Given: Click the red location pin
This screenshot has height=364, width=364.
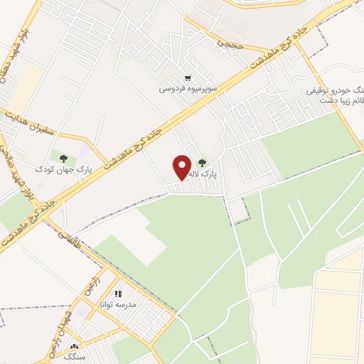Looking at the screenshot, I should point(183,167).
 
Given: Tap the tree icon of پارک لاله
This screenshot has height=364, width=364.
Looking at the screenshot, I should point(203,163).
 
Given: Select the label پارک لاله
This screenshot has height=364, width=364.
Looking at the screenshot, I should point(208,173).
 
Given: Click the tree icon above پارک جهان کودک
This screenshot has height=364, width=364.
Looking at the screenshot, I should point(64,159).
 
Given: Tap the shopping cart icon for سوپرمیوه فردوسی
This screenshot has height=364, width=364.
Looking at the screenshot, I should point(188,78).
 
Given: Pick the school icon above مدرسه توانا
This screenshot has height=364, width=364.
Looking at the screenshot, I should point(118,293).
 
